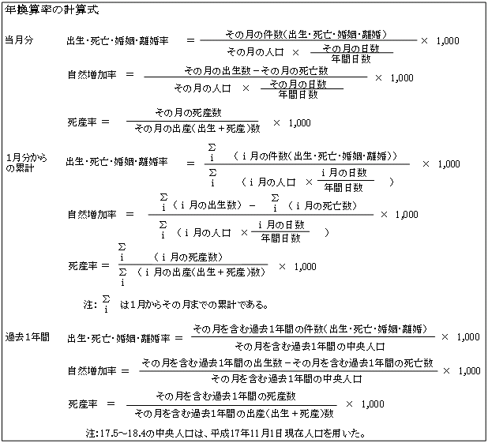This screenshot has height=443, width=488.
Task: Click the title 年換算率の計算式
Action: [x=51, y=10]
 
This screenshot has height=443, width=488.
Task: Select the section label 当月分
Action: [x=19, y=40]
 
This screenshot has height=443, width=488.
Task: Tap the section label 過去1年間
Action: [x=28, y=337]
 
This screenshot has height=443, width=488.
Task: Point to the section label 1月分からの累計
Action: [x=27, y=163]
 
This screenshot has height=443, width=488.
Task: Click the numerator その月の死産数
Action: [x=188, y=112]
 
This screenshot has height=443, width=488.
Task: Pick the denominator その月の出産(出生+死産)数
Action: [x=197, y=128]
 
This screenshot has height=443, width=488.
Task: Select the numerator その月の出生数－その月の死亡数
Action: [x=256, y=71]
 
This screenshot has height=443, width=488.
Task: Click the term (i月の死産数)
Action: [x=188, y=257]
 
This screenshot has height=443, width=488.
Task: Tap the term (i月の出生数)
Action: [x=207, y=205]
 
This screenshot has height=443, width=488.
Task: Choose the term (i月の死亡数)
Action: [x=322, y=205]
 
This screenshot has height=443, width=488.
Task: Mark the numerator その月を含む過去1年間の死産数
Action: [x=226, y=396]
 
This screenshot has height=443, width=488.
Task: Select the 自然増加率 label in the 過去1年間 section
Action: [x=92, y=371]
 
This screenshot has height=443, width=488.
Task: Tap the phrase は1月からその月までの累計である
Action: [x=194, y=305]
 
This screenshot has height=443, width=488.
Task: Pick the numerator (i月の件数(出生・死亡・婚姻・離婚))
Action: [x=315, y=156]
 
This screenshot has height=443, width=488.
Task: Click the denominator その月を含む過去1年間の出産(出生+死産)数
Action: [x=234, y=414]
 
